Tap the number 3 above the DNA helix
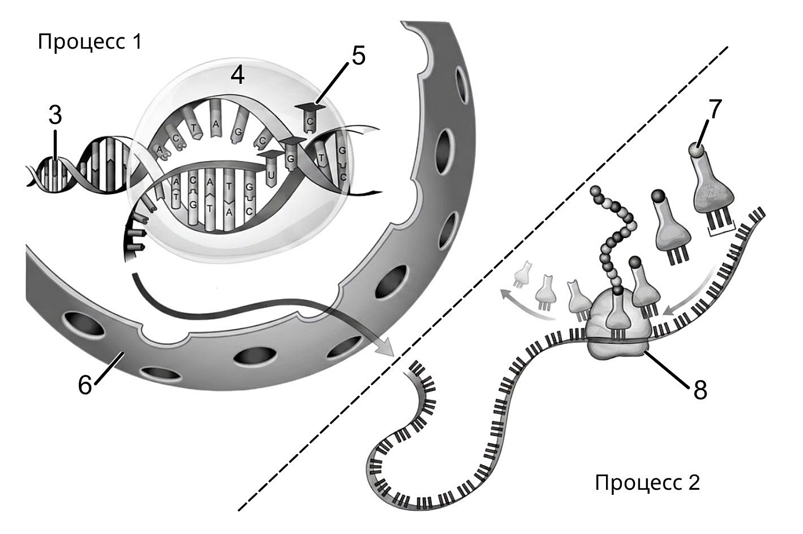point(55,116)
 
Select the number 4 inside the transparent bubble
point(238,76)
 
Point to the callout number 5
point(359,55)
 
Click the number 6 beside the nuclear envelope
point(85,385)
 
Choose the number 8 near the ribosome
point(700,390)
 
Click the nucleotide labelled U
point(271,169)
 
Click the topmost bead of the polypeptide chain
point(596,191)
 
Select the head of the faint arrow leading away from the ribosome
point(506,294)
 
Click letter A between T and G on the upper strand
point(216,123)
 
